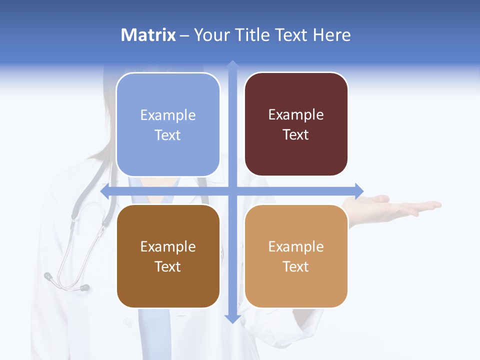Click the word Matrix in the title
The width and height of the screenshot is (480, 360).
[148, 35]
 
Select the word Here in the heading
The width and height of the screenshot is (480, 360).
[332, 35]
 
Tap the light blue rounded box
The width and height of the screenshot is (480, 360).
[168, 124]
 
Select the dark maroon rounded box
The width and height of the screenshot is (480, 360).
[296, 124]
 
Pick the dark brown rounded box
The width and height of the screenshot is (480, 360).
[168, 256]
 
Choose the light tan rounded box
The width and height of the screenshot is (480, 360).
[296, 256]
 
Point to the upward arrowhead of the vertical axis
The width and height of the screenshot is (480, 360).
[232, 64]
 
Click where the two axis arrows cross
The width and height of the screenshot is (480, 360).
[232, 191]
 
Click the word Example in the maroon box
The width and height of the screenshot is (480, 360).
[296, 115]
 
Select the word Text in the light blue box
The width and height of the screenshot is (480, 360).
[168, 135]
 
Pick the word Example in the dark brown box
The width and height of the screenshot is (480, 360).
[168, 246]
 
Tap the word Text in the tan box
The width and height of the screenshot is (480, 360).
[296, 266]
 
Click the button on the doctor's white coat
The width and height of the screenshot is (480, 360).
[128, 322]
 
